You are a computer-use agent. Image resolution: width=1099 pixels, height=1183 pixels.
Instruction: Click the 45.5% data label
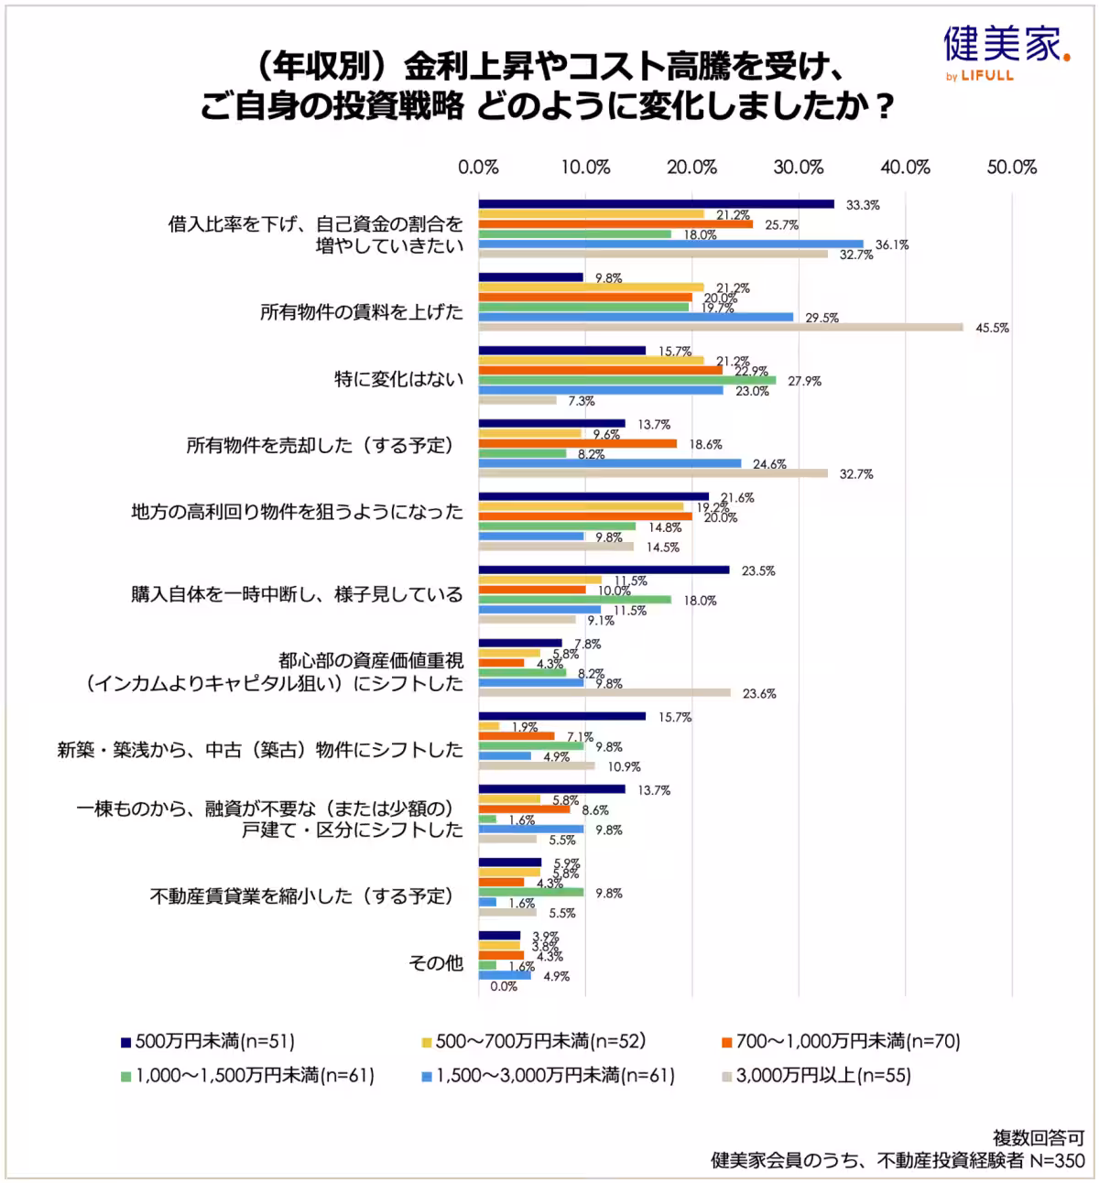click(x=992, y=328)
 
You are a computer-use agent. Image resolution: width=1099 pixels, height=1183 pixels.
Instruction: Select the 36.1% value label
click(x=891, y=244)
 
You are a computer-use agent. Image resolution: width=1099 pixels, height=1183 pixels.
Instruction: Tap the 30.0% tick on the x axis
click(x=799, y=168)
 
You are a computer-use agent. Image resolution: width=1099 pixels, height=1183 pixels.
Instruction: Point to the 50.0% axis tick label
click(x=1012, y=168)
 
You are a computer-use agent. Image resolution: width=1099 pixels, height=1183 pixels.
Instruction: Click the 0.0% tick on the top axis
click(x=478, y=168)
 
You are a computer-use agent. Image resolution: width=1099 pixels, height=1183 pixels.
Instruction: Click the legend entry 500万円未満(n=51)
click(x=208, y=1041)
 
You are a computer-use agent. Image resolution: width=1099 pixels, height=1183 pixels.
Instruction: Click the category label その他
click(x=436, y=962)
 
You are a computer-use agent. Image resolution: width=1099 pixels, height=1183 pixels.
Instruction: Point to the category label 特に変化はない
click(x=398, y=378)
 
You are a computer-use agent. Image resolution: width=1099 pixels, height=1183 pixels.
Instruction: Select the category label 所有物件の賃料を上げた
click(x=362, y=311)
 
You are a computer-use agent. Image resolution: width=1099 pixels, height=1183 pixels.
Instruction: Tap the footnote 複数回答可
click(x=1039, y=1137)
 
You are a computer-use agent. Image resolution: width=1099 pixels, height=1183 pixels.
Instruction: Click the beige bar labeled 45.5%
click(x=721, y=327)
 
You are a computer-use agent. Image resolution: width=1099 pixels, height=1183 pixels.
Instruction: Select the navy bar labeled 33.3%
click(x=656, y=204)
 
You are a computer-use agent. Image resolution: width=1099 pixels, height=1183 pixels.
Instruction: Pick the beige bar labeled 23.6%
click(x=604, y=692)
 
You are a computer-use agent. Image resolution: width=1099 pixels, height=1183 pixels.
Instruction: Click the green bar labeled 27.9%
click(x=627, y=380)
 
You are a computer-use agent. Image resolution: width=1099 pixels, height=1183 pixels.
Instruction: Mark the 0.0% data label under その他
click(x=504, y=986)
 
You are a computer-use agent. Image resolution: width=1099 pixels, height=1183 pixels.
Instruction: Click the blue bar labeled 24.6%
click(x=610, y=463)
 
